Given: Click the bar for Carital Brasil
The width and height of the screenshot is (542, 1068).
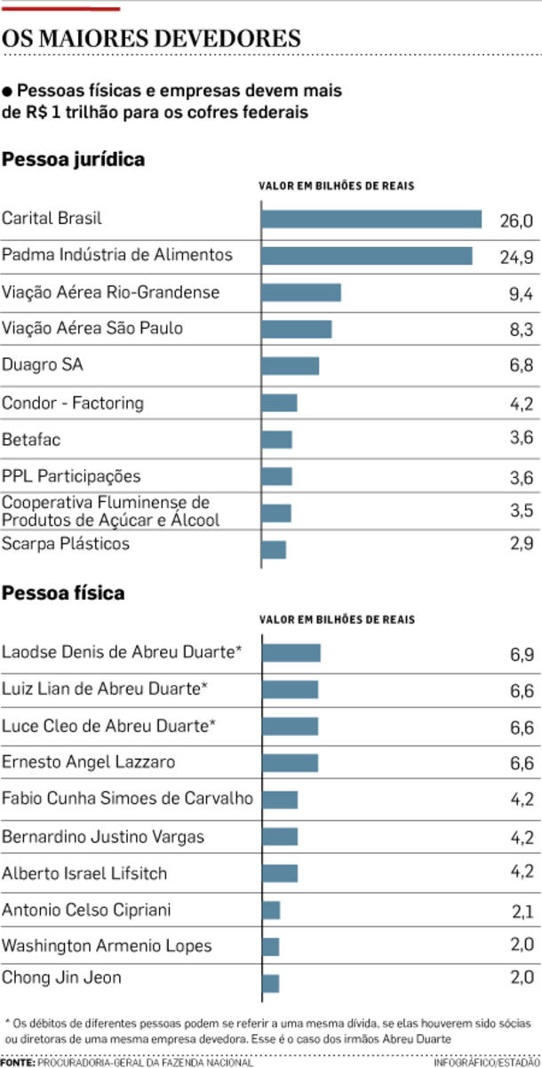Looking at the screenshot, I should (371, 219).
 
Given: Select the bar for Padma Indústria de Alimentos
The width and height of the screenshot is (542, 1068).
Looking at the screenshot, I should (367, 256).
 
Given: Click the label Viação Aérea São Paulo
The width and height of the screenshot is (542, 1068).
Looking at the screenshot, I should (92, 329).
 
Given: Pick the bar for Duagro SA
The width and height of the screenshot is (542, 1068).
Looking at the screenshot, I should (291, 366).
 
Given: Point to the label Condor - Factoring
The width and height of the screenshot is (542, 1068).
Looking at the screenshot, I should (73, 403).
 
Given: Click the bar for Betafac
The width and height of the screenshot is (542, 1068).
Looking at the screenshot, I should (277, 440).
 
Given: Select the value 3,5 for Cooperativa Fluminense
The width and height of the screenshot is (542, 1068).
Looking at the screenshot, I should (522, 513).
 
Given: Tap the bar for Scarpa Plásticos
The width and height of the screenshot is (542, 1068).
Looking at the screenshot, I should (274, 550).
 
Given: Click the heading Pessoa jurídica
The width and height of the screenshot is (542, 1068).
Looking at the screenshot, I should (74, 160).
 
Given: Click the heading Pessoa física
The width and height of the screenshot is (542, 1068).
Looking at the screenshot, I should (63, 593).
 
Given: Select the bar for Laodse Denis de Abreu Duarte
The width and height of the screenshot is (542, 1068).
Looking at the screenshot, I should (291, 653).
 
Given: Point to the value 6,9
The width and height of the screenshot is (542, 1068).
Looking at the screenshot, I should (522, 654).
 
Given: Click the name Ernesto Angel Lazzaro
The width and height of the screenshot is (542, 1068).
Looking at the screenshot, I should (89, 762).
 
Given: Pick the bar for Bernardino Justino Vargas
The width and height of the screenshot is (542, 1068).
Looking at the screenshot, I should (280, 836).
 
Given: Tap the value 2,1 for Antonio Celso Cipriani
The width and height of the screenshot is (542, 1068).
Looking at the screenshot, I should (522, 911).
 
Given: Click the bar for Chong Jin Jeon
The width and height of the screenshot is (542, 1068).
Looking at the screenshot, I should (271, 983).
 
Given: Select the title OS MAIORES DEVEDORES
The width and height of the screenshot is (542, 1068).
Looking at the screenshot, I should (150, 40).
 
